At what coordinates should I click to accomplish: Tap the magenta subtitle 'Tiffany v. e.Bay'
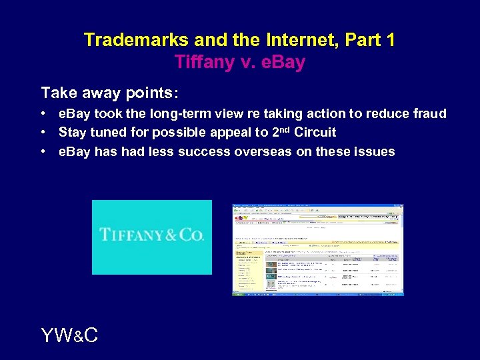239,62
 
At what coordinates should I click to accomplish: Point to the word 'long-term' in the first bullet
171,114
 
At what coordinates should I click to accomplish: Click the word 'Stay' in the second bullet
73,133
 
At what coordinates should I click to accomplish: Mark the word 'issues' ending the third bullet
375,151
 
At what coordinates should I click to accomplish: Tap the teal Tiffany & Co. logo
152,237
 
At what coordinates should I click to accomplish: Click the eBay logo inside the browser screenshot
241,216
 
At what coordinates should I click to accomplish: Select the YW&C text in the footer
69,335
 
